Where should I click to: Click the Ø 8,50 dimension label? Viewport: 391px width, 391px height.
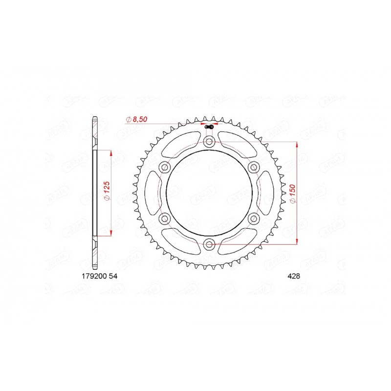(137, 119)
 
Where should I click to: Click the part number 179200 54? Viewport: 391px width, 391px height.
(97, 276)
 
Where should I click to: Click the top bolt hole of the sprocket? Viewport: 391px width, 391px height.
(209, 141)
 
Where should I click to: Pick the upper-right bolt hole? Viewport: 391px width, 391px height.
(253, 167)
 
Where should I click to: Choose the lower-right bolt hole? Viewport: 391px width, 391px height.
(253, 218)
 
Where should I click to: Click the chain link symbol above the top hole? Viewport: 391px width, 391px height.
(209, 128)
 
